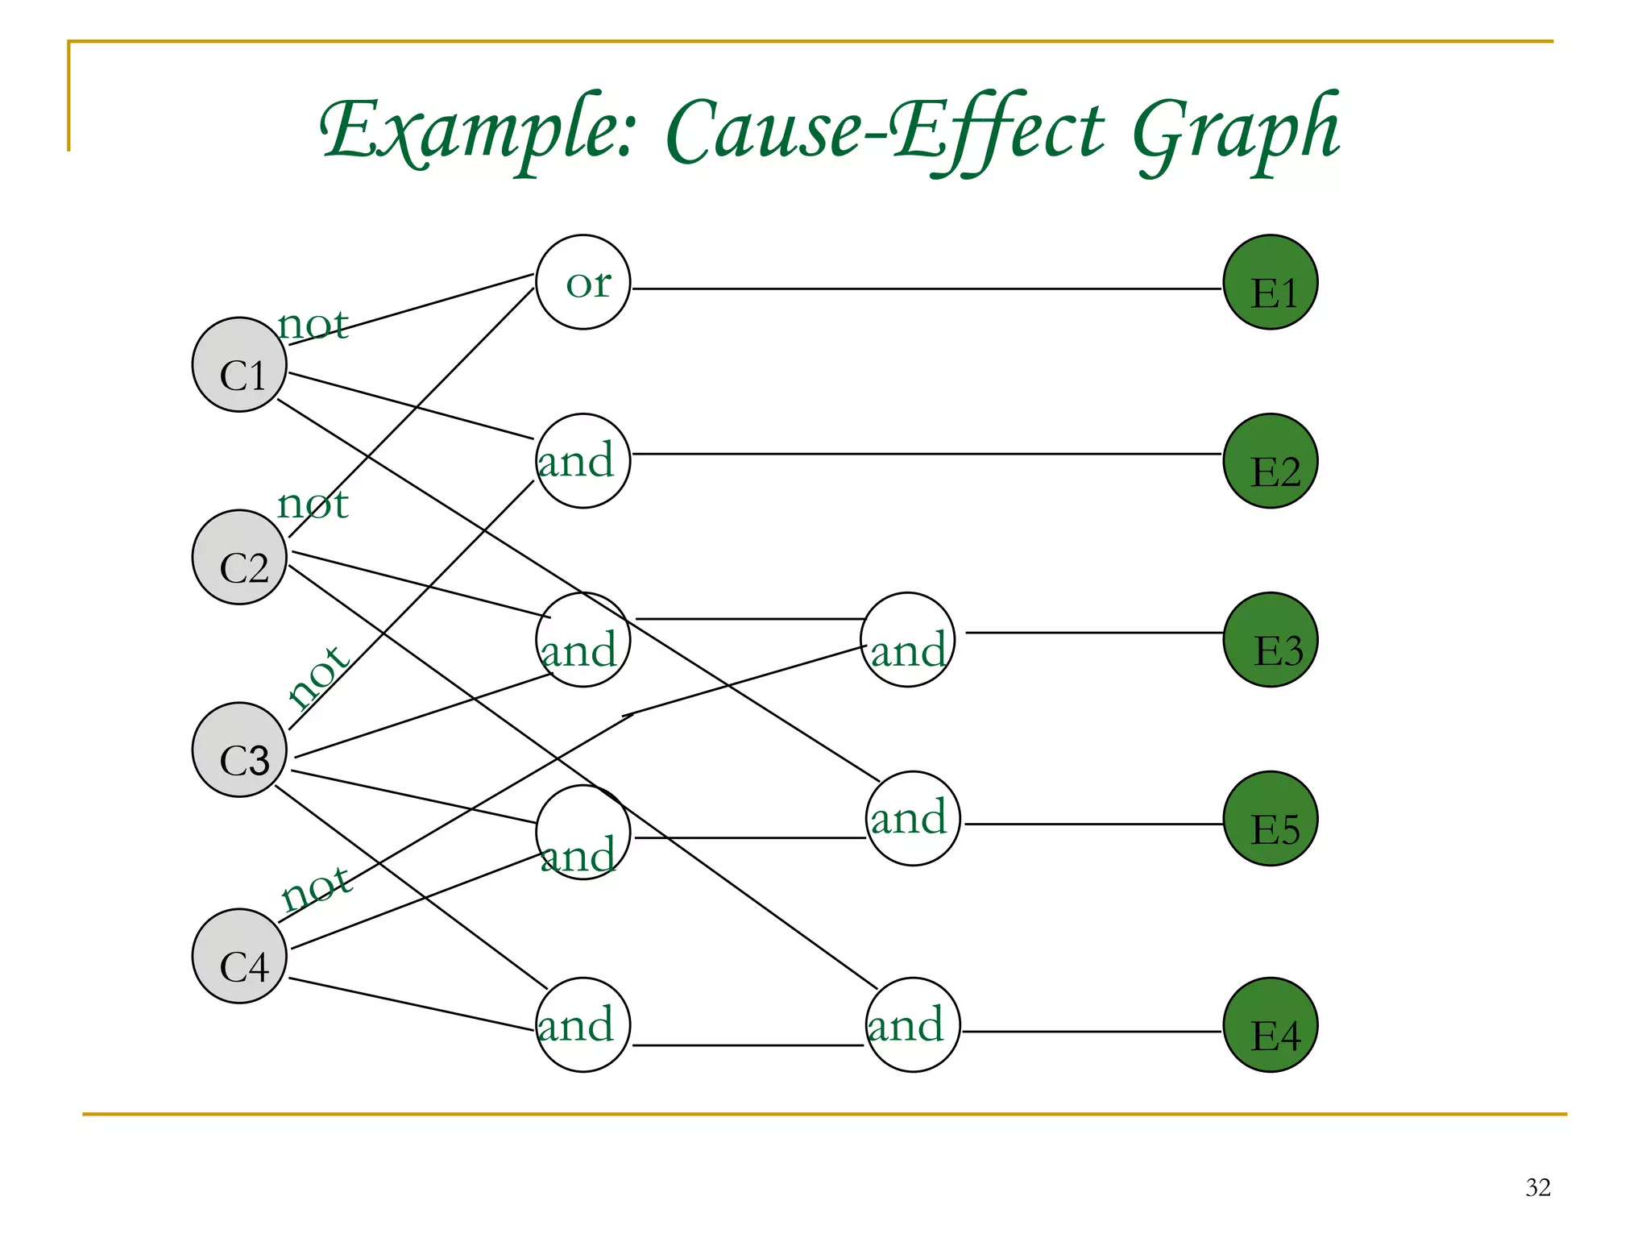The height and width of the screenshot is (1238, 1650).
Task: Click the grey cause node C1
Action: pos(239,365)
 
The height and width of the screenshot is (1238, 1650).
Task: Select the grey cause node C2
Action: pos(239,558)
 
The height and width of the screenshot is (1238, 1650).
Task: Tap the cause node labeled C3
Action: pos(239,750)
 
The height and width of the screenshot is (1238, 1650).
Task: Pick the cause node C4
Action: pos(239,957)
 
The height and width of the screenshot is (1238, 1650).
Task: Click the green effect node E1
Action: pos(1271,283)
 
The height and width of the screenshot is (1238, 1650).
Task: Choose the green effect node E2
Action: pos(1271,461)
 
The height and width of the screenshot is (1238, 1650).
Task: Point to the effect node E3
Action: pos(1271,640)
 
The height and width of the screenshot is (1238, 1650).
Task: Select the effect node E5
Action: pos(1271,819)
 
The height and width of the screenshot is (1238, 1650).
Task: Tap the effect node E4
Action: pos(1271,1025)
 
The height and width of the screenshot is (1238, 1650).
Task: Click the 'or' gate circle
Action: pos(582,283)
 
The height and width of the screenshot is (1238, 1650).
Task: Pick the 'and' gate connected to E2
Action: pos(582,461)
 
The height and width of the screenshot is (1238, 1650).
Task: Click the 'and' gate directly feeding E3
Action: pos(908,640)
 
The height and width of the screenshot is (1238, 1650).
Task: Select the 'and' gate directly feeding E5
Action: pos(913,819)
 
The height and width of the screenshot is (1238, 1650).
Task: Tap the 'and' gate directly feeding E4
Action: pos(913,1025)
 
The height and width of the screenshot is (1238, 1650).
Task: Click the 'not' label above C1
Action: pos(313,325)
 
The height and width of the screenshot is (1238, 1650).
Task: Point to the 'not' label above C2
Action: pos(313,505)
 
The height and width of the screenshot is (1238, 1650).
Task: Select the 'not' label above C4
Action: pos(317,888)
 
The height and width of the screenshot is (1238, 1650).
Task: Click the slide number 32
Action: pos(1537,1187)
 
